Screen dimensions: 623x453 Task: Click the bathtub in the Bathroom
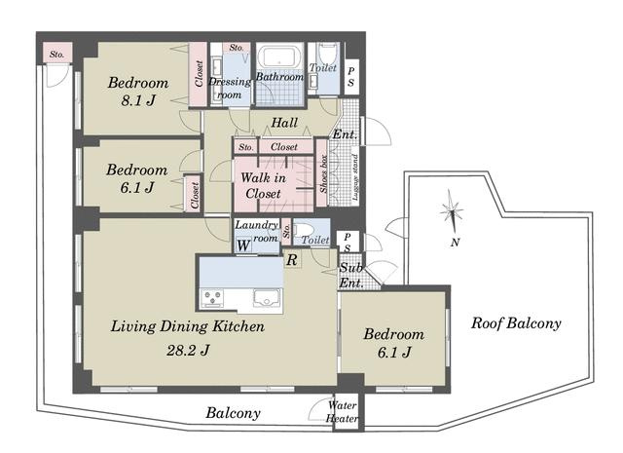(x=279, y=57)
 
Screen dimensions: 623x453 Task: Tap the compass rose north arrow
(x=452, y=211)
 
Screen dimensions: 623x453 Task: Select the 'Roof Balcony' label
(x=516, y=323)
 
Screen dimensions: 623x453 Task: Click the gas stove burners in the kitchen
(x=212, y=297)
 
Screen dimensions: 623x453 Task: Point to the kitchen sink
(x=267, y=297)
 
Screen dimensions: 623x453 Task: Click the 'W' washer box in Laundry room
(x=243, y=245)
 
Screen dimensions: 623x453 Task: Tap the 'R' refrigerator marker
(x=292, y=260)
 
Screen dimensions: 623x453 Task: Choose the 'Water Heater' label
(x=342, y=412)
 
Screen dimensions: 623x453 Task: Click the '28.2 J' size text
(x=188, y=351)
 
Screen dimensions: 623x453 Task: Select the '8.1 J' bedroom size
(x=138, y=100)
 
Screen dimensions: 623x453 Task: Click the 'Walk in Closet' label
(x=263, y=186)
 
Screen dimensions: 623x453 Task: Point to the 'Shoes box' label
(x=323, y=173)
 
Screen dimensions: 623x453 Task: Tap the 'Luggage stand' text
(x=355, y=177)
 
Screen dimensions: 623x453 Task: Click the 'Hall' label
(x=284, y=123)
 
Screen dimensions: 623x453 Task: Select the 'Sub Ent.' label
(x=351, y=276)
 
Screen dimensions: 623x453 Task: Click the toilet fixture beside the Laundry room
(x=306, y=230)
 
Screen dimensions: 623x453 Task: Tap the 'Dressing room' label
(x=230, y=89)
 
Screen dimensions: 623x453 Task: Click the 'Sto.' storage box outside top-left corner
(x=57, y=54)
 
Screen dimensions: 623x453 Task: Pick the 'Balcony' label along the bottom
(x=234, y=413)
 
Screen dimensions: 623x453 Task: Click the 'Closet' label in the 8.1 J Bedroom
(x=199, y=74)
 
